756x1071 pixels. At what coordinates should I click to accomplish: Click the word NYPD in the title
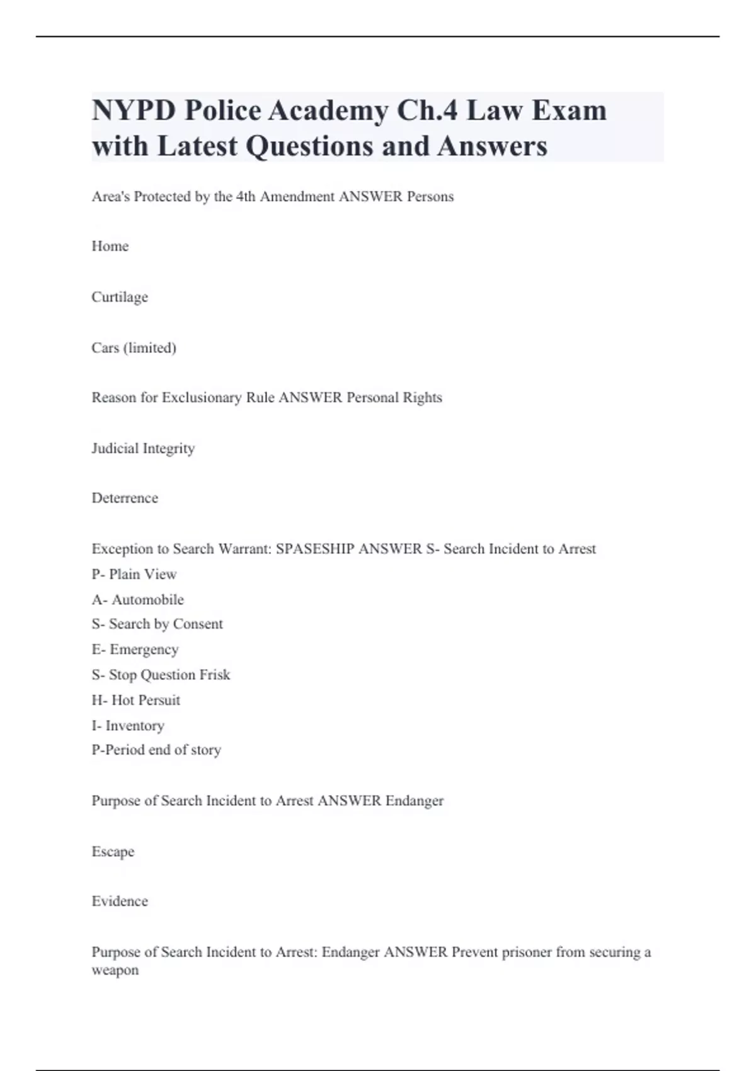[x=133, y=111]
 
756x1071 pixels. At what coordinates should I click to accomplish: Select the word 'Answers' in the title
[x=492, y=146]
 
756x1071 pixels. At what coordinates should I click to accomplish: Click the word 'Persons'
[x=430, y=197]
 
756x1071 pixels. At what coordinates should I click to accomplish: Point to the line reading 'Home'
[x=110, y=246]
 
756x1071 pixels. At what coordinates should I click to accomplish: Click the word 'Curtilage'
[x=120, y=297]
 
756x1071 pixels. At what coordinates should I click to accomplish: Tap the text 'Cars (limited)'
[x=134, y=348]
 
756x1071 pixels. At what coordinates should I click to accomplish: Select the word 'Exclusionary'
[x=202, y=398]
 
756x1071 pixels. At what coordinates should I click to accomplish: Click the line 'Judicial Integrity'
[x=143, y=449]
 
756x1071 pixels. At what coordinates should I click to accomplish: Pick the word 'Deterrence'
[x=125, y=498]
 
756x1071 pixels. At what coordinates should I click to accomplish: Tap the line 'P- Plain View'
[x=134, y=575]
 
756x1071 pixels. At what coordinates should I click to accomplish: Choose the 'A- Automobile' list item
[x=138, y=600]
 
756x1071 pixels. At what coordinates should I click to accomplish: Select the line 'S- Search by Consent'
[x=157, y=624]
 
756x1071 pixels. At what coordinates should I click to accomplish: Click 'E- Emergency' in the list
[x=135, y=650]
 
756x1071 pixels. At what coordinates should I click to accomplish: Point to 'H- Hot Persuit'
[x=136, y=701]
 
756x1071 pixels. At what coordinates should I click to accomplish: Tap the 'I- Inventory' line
[x=128, y=726]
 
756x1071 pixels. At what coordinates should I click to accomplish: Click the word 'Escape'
[x=113, y=852]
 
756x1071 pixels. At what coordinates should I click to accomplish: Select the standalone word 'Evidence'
[x=120, y=902]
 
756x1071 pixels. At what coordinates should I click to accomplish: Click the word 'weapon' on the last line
[x=115, y=970]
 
